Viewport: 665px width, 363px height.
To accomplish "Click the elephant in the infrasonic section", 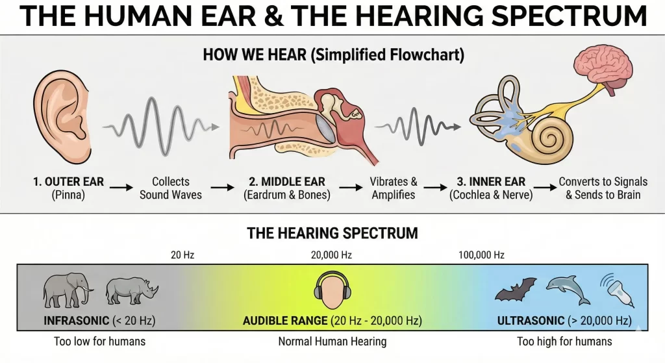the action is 67,290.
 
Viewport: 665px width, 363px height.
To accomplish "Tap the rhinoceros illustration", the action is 131,291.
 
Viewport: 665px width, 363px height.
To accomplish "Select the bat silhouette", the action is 515,289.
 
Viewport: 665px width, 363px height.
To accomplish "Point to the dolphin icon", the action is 568,289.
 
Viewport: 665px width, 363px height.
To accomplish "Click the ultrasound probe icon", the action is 618,290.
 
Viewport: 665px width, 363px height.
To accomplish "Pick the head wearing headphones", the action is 332,290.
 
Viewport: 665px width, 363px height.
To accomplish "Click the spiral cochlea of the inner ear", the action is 550,138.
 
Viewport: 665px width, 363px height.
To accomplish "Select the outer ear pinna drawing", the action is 62,117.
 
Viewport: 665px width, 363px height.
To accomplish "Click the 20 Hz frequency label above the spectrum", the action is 182,255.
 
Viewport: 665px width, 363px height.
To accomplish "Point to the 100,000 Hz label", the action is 481,255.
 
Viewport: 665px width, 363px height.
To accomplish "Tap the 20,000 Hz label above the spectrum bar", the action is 331,255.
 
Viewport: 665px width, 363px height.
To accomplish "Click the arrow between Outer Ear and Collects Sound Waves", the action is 121,187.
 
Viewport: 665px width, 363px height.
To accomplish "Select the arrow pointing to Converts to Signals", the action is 545,187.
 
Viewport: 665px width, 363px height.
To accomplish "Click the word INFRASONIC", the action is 77,320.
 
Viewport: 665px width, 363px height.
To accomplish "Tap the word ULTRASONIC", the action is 531,320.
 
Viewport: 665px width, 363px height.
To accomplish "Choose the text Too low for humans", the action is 99,342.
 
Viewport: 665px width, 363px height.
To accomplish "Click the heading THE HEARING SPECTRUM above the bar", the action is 332,233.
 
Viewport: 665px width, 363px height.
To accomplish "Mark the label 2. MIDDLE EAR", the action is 286,182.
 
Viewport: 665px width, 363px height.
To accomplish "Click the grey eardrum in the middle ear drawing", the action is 327,129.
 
